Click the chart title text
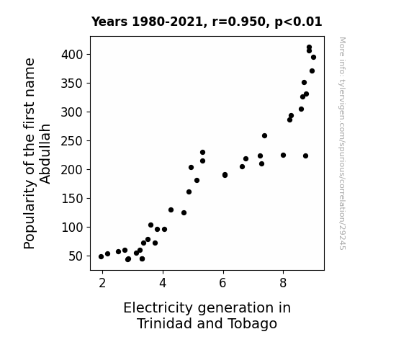pos(207,22)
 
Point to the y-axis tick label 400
pos(72,55)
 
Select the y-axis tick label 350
pos(72,84)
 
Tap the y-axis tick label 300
pos(72,112)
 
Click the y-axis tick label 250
pos(72,141)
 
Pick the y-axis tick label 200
pos(72,170)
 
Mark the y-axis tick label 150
pos(72,199)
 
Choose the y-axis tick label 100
pos(72,228)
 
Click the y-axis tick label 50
pos(76,256)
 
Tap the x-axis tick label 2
pos(102,283)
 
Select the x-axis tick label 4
pos(163,283)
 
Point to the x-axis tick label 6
pos(223,283)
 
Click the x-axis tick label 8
pos(283,283)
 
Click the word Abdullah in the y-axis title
pos(45,153)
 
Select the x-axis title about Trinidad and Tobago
pos(207,315)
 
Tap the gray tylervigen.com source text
pos(342,143)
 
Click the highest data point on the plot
pos(309,48)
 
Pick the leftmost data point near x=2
pos(101,257)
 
